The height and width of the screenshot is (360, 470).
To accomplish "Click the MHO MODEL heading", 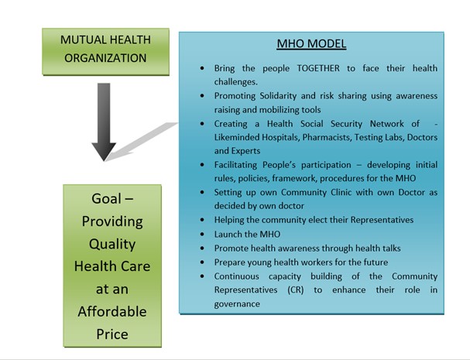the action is click(311, 44).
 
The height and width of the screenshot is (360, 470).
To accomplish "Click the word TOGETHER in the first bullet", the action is click(318, 68).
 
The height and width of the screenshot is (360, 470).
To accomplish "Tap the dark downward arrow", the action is click(104, 122).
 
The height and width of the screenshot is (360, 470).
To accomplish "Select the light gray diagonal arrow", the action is click(142, 141).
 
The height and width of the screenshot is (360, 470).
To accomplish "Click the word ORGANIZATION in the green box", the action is click(105, 58).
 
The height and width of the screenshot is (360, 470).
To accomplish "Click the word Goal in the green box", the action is click(106, 199).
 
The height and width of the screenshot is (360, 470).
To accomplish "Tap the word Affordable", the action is click(112, 312).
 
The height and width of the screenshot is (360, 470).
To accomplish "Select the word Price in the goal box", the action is click(112, 334).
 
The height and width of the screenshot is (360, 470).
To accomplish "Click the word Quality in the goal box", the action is click(112, 244).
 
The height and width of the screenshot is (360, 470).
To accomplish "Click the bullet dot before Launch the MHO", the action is click(202, 234).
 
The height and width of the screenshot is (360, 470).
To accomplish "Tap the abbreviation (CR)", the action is click(295, 290).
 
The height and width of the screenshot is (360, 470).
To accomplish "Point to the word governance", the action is click(237, 304).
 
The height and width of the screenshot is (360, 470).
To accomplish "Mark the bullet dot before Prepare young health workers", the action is click(202, 262).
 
